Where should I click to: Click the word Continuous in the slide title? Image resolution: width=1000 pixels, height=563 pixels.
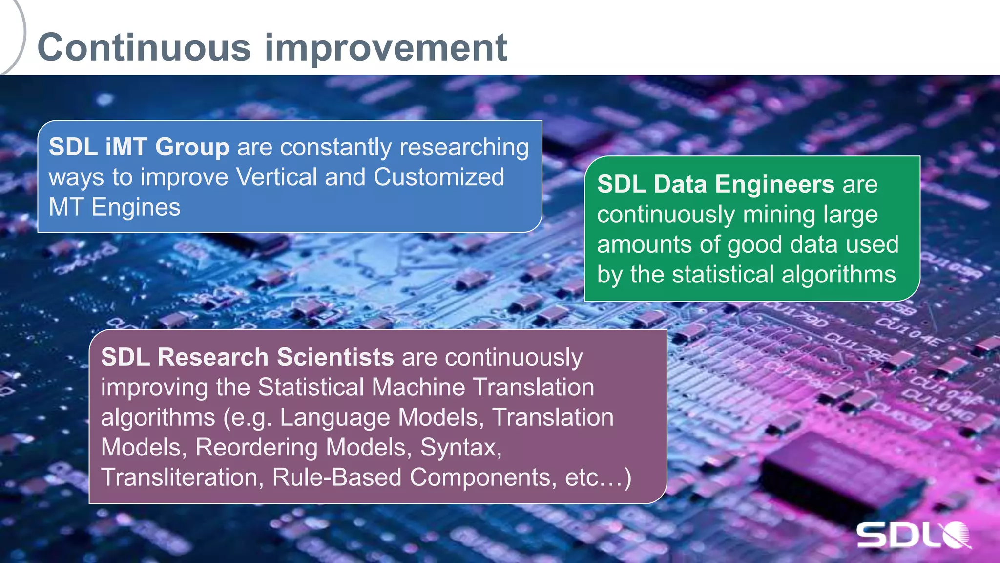pos(144,47)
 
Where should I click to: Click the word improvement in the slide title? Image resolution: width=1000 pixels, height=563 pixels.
pos(386,48)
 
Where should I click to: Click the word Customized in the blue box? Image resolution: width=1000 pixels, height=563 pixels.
pos(438,177)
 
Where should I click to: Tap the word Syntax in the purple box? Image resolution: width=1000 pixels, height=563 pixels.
pos(460,447)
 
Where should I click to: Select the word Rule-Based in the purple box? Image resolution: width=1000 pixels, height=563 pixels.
pos(336,477)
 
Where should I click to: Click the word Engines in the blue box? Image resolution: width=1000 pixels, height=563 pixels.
pos(136,208)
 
